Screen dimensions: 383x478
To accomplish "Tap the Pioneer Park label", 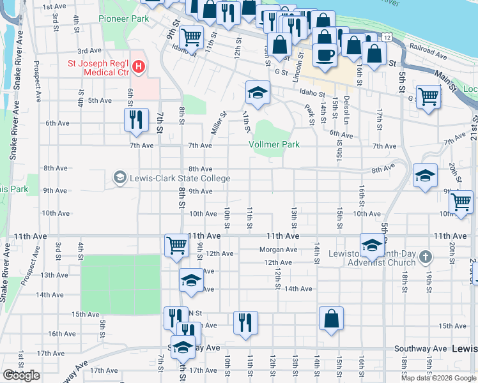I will [124, 19].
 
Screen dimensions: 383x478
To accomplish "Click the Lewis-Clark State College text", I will [180, 178].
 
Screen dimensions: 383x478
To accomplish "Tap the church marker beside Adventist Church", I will [428, 257].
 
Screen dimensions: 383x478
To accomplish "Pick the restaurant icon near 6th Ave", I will [135, 119].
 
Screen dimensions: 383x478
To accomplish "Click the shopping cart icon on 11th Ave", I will [176, 244].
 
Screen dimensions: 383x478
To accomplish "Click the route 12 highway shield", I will [388, 38].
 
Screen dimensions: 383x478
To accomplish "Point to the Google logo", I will [21, 375].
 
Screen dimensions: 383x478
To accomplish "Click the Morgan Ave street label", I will [279, 250].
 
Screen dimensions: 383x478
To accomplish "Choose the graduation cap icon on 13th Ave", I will [190, 280].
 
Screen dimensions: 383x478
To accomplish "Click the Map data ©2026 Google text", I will [439, 378].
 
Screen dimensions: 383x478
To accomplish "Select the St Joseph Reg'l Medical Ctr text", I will [98, 68].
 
